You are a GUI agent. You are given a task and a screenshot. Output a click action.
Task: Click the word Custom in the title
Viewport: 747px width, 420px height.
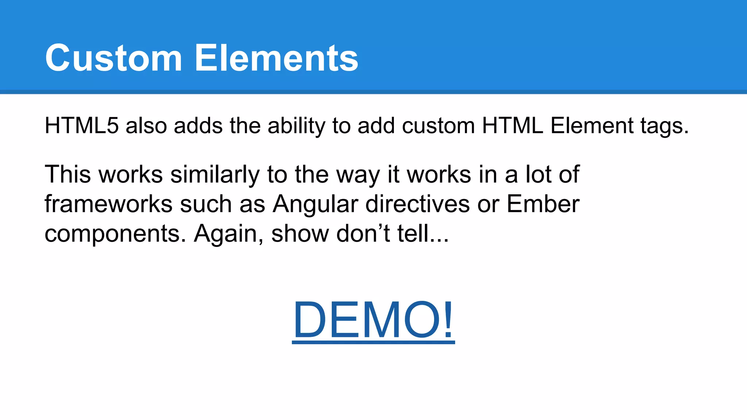pyautogui.click(x=113, y=58)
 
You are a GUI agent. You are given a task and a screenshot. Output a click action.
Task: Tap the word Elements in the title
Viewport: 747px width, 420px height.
pyautogui.click(x=276, y=58)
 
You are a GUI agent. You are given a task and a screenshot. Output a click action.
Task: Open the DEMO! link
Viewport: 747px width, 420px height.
pyautogui.click(x=373, y=320)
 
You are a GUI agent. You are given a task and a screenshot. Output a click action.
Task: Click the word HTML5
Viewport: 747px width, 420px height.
pyautogui.click(x=82, y=126)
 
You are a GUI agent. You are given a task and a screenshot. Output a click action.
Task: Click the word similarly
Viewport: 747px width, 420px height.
pyautogui.click(x=215, y=175)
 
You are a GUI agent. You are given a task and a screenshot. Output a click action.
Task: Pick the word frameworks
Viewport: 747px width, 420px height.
pyautogui.click(x=108, y=204)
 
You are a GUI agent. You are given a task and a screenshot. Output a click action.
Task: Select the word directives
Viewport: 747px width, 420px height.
pyautogui.click(x=417, y=204)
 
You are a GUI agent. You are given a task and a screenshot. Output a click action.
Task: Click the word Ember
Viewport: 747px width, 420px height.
pyautogui.click(x=543, y=204)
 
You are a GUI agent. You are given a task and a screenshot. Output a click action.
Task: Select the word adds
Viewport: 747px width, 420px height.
pyautogui.click(x=198, y=126)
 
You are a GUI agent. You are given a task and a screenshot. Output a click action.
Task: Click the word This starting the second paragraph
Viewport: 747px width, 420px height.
pyautogui.click(x=67, y=174)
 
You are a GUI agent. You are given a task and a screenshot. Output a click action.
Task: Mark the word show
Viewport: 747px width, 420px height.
pyautogui.click(x=300, y=233)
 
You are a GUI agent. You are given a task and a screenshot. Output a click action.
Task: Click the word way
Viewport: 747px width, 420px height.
pyautogui.click(x=358, y=175)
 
